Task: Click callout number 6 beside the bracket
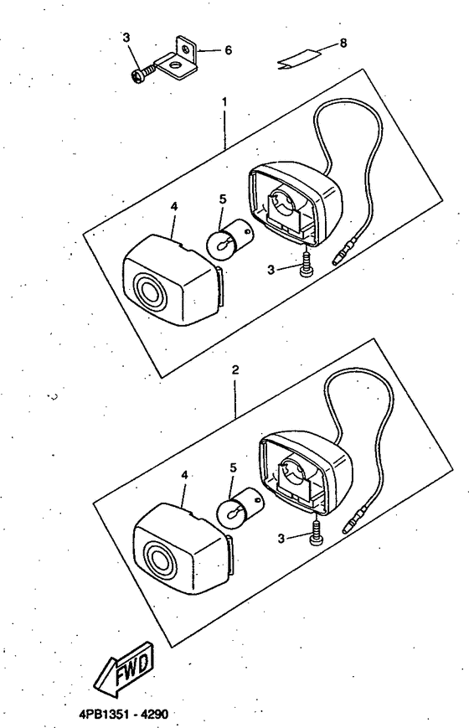click(x=228, y=50)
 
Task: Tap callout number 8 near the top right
click(x=343, y=44)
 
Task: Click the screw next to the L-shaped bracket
click(x=142, y=75)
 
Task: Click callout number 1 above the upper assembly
click(x=224, y=101)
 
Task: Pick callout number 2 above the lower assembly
click(x=235, y=370)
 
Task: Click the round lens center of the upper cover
click(x=148, y=293)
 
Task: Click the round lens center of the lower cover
click(x=159, y=560)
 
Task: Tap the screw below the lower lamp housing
click(x=316, y=531)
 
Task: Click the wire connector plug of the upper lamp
click(x=343, y=252)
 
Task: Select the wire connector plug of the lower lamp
click(x=355, y=519)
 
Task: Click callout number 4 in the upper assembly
click(x=173, y=207)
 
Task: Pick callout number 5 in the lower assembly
click(x=233, y=467)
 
